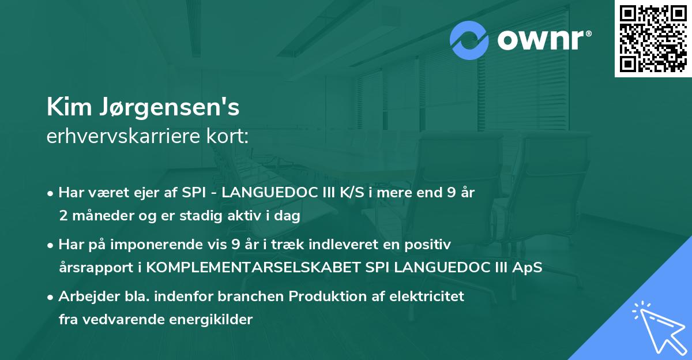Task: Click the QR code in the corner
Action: pos(653,39)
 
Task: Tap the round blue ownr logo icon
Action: pos(470,40)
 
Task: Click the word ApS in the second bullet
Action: pos(529,268)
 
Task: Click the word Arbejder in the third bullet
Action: pos(84,297)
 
